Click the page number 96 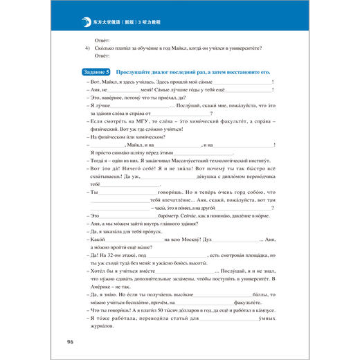click(x=69, y=342)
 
